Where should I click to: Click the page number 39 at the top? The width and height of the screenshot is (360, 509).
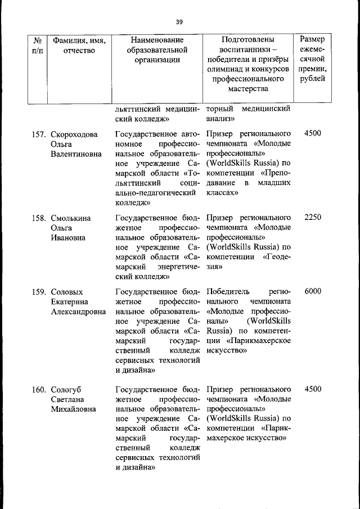point(179,22)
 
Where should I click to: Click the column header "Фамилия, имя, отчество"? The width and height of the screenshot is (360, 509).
point(79,46)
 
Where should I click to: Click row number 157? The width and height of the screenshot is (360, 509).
point(39,134)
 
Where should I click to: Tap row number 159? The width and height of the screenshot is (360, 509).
point(39,292)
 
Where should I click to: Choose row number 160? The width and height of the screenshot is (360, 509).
point(39,389)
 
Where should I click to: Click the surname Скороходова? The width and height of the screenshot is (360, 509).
point(74,134)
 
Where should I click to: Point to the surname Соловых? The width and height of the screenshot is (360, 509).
point(67,292)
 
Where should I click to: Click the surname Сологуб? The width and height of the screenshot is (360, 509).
point(66,389)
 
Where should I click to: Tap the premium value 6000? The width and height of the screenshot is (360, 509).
point(312,291)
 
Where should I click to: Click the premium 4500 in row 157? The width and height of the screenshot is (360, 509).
point(312,134)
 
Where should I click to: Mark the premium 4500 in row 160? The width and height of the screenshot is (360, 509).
point(312,389)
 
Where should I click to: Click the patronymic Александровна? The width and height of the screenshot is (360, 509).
point(78,312)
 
